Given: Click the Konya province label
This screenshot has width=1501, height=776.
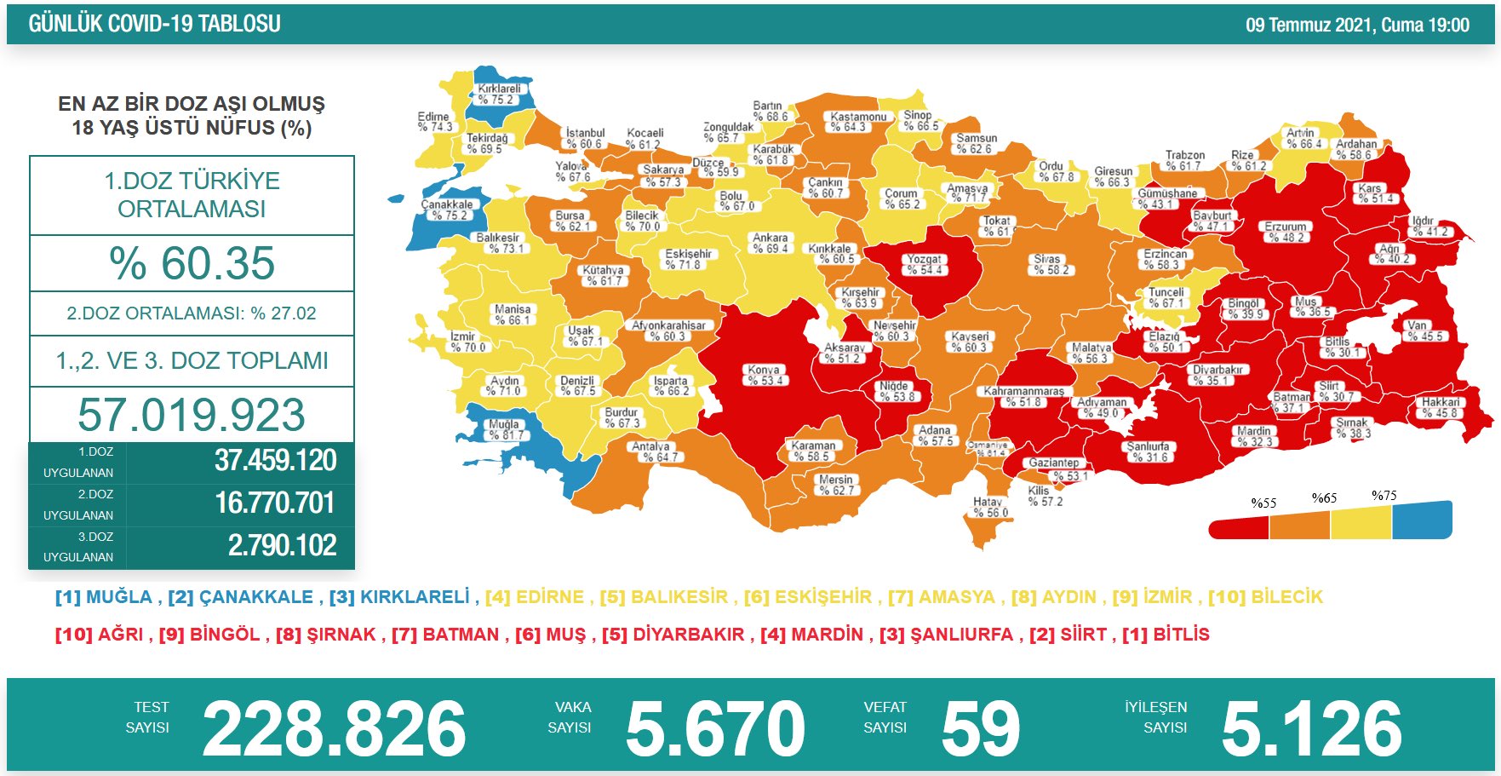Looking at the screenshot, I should tap(765, 376).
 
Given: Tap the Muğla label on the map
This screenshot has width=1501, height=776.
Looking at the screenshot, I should tap(504, 429).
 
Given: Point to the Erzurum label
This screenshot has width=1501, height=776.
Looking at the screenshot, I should tap(1285, 233).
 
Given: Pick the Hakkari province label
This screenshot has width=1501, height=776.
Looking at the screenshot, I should tap(1440, 408).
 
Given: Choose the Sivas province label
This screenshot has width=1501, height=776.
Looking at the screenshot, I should tap(1048, 265).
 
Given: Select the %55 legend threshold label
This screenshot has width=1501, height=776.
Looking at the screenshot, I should tap(1263, 503).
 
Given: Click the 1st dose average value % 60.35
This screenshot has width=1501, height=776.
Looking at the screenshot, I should tap(192, 263).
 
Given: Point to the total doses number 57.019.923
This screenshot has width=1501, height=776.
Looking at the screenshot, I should tap(192, 415).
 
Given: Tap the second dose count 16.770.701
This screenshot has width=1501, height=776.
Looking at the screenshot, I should tap(276, 503).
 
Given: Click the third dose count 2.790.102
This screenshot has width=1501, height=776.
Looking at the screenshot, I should tap(282, 545).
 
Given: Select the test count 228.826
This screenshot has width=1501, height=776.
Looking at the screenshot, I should tap(334, 729).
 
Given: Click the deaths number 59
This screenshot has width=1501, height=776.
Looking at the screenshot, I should tap(980, 729).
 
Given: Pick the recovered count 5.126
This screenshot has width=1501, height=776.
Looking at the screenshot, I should tap(1311, 729).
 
